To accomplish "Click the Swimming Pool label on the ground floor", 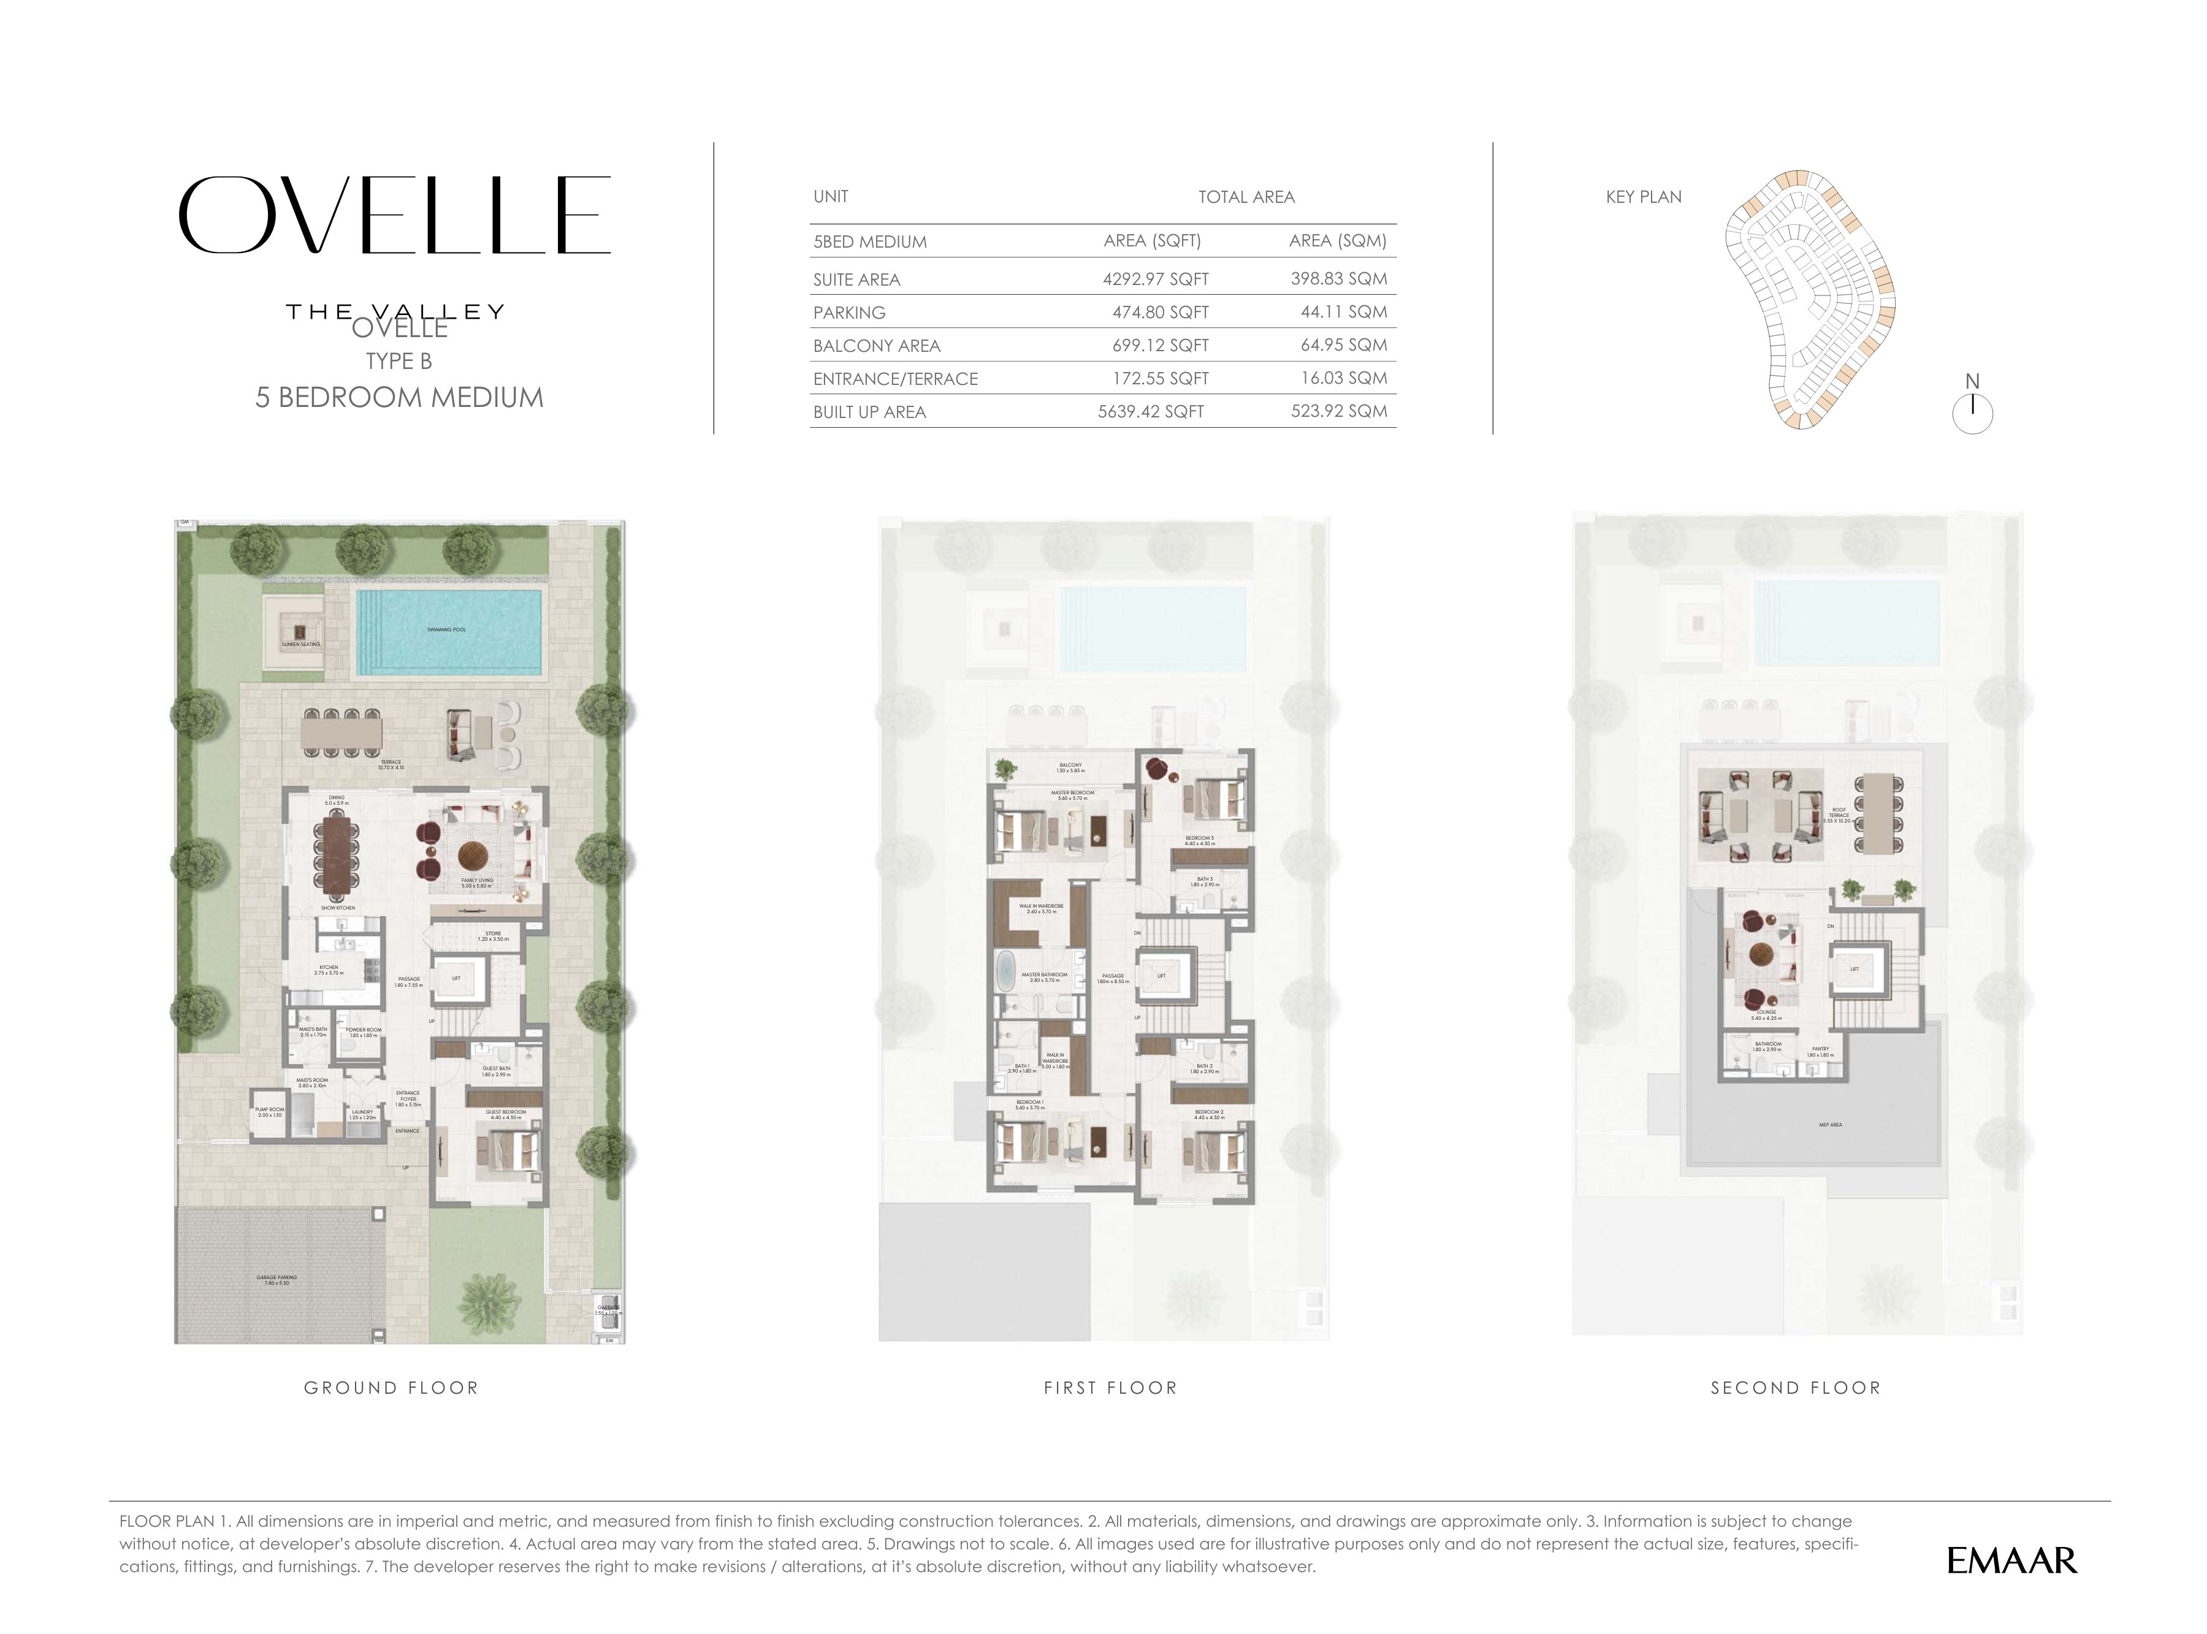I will click(446, 629).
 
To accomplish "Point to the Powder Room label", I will click(363, 1032).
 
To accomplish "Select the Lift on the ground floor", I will click(456, 979).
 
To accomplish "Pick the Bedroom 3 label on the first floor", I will click(1199, 840).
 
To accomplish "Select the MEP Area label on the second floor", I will click(1829, 1125).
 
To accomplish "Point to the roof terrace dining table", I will click(1875, 826).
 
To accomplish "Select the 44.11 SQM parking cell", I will click(1343, 311).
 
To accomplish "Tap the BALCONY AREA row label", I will click(877, 345).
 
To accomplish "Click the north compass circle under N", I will click(1972, 414).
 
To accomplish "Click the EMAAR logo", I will click(2011, 1561).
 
